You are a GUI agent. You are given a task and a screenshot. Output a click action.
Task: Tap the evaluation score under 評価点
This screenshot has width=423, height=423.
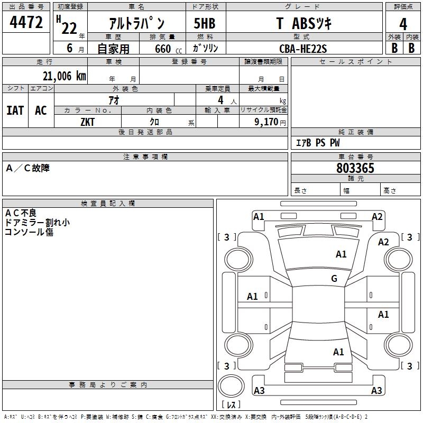coord(403,24)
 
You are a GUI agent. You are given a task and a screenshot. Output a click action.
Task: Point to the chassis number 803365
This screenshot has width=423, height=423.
coord(355,169)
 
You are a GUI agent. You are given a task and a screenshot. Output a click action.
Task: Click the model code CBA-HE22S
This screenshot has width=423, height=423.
coord(303,49)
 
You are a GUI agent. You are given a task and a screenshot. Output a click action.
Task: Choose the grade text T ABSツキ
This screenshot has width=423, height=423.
coord(304,24)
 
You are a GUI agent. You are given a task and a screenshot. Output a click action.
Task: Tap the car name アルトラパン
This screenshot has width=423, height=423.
coord(136,24)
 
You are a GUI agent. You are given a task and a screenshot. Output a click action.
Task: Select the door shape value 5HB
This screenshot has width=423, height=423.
coord(205,24)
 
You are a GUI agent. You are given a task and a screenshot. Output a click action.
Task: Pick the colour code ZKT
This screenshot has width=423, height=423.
coord(88,121)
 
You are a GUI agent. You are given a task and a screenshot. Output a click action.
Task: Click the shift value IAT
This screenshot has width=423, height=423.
coord(15,111)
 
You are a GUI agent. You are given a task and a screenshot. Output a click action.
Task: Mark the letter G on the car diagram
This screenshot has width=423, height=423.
coord(334,279)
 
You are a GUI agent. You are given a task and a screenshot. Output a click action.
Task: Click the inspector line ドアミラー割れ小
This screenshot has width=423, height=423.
coord(37,223)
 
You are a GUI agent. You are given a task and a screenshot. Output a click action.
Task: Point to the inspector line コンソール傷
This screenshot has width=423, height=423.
coord(29,232)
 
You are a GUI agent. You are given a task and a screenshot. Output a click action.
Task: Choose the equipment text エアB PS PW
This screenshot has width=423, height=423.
coord(317,143)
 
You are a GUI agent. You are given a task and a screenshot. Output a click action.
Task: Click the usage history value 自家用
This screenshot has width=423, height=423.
coord(113,49)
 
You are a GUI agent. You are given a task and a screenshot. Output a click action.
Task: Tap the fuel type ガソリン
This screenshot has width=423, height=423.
coord(206,49)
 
